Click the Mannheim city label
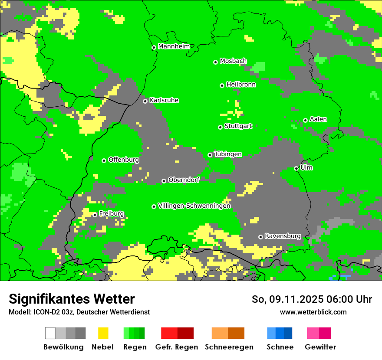(x=174, y=46)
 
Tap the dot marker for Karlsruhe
(x=145, y=101)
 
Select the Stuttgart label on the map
(x=238, y=126)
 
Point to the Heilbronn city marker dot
(x=222, y=85)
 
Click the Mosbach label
(x=233, y=61)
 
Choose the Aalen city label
(x=318, y=119)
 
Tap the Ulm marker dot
(x=296, y=168)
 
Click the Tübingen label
(x=228, y=154)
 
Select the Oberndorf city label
(x=184, y=180)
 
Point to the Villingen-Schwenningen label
(x=194, y=206)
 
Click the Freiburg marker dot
(x=95, y=215)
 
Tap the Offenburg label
(x=124, y=160)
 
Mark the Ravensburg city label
(x=283, y=236)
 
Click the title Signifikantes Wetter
(x=72, y=299)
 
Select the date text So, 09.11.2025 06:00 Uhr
(x=312, y=299)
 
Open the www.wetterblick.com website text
(x=313, y=312)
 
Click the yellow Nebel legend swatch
(x=103, y=333)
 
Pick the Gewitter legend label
(x=320, y=347)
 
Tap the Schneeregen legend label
(x=229, y=347)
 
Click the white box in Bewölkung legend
(x=50, y=333)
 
